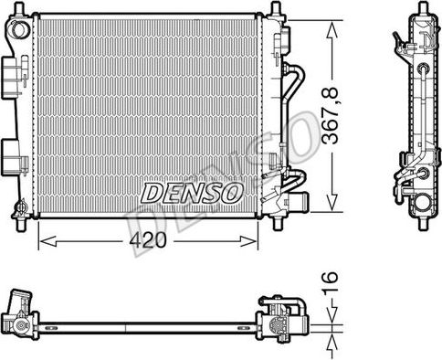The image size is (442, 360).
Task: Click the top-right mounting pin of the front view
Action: (275, 10)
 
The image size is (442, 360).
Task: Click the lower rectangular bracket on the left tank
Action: (10, 152)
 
